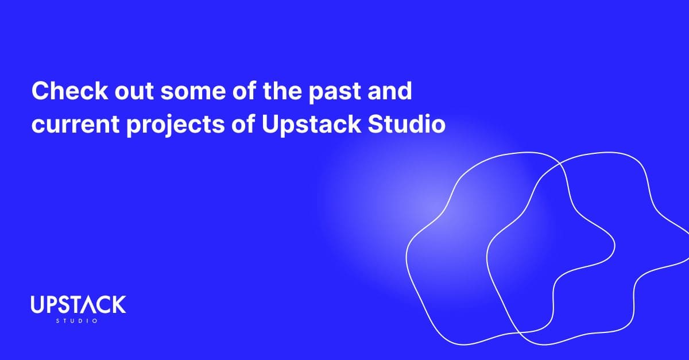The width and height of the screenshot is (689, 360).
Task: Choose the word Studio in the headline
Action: tap(407, 124)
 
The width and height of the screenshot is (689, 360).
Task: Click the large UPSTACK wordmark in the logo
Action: tap(78, 305)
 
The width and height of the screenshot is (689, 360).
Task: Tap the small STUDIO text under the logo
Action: tap(78, 321)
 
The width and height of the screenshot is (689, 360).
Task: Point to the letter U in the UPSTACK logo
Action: tap(36, 305)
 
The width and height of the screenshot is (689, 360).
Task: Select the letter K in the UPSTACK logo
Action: tap(119, 305)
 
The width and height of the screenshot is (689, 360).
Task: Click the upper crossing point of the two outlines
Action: tap(560, 164)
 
